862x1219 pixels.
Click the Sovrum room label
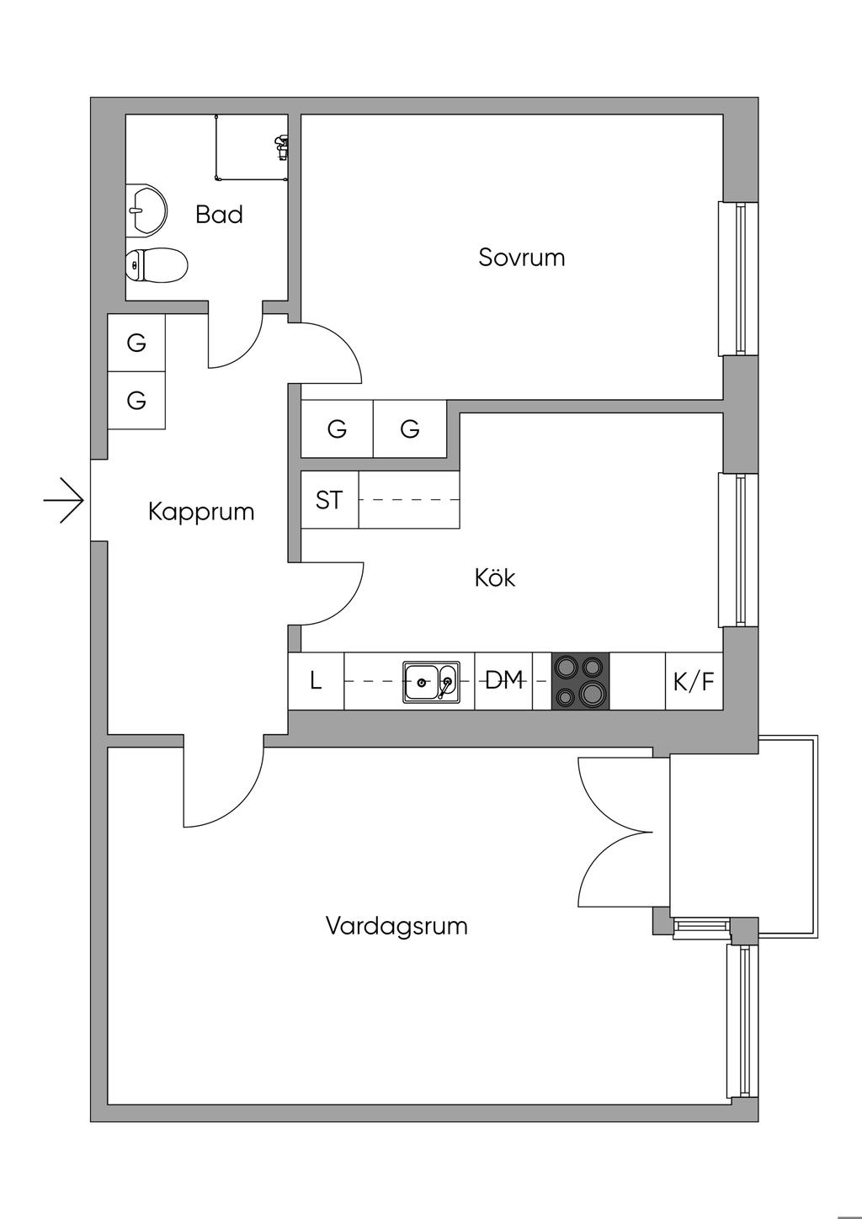pos(521,257)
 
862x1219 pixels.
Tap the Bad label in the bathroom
pos(219,215)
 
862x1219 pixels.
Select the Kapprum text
pos(201,512)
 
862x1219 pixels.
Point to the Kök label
pos(495,578)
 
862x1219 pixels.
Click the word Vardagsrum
pos(396,927)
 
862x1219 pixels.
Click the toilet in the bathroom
pos(157,266)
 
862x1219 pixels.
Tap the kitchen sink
pos(431,681)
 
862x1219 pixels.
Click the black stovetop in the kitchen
pos(580,681)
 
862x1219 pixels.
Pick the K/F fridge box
pos(694,681)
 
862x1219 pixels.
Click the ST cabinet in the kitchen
pos(330,500)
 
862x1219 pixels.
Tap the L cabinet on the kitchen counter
pos(317,681)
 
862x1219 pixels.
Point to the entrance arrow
pos(65,501)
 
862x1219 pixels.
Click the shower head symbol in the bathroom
pos(281,147)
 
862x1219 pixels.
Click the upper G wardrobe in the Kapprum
pos(136,343)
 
